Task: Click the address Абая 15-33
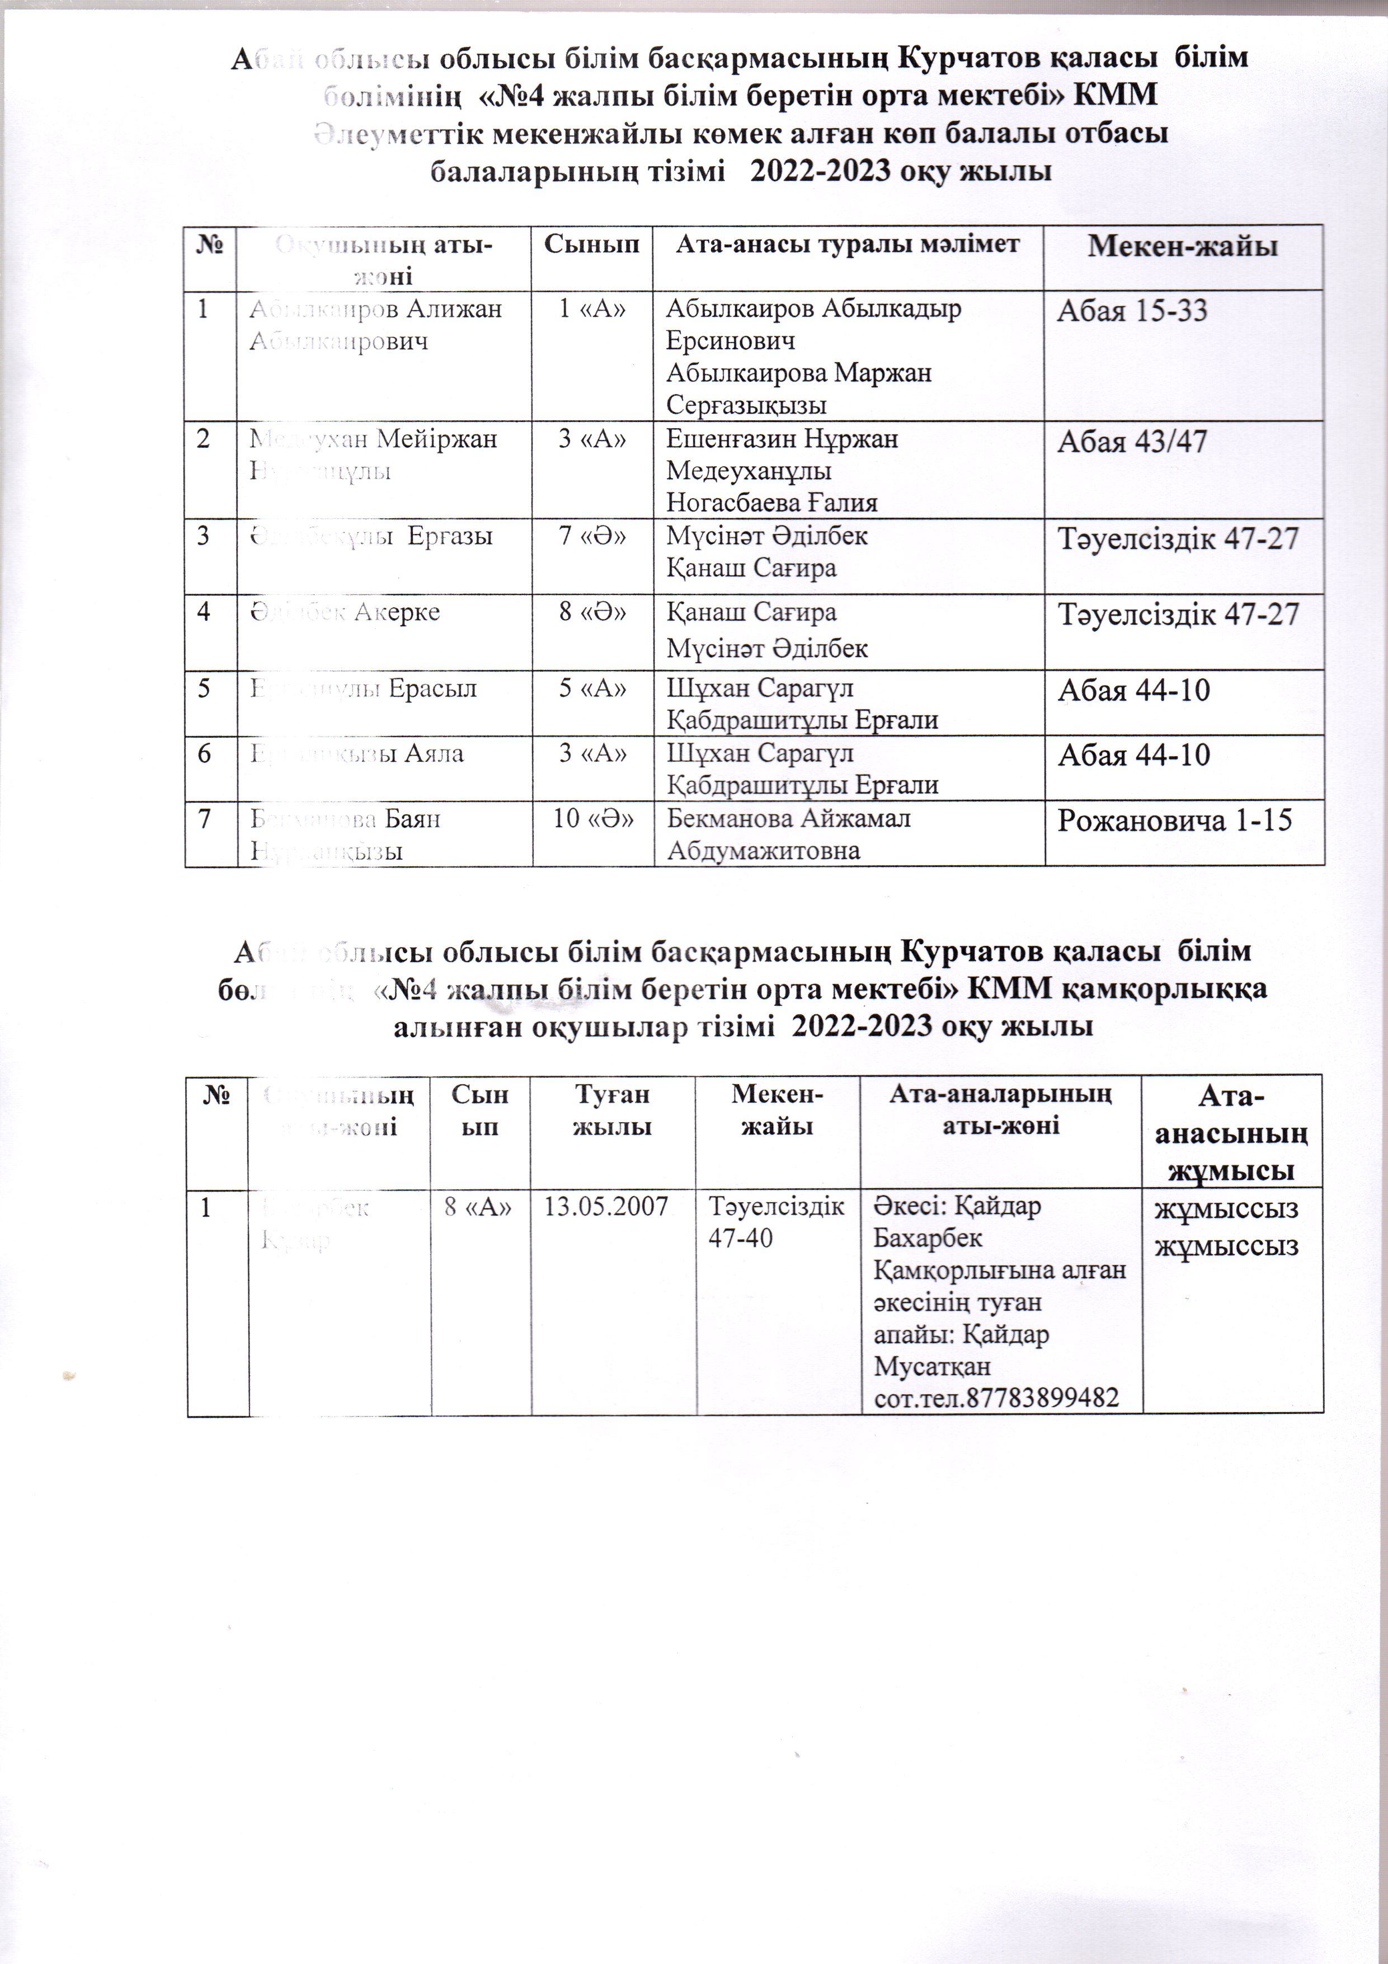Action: click(1132, 311)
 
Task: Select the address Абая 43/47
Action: click(1132, 442)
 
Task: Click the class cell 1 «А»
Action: click(592, 309)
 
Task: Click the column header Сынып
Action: click(592, 245)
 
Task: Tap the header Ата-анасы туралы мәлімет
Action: click(848, 245)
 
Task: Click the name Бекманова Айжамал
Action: click(788, 819)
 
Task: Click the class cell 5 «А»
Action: click(592, 688)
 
